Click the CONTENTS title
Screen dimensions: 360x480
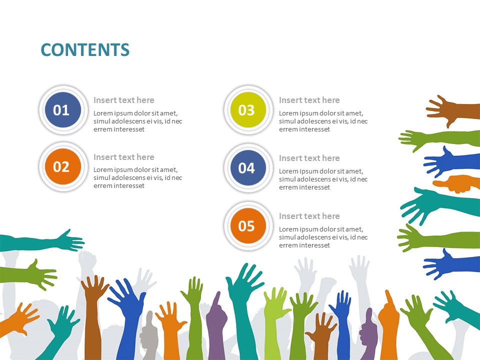point(85,50)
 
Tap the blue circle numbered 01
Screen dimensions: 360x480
point(61,110)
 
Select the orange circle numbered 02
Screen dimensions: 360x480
point(61,166)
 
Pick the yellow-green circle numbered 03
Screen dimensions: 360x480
point(246,110)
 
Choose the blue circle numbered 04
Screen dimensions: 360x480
point(246,168)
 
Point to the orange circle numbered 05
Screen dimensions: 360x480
point(246,226)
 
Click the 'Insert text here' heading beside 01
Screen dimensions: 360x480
point(124,100)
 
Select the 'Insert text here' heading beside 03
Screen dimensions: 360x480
point(309,100)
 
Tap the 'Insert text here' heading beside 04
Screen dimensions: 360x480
point(309,158)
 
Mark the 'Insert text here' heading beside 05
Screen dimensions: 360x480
point(309,216)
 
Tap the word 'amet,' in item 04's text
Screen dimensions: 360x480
point(354,171)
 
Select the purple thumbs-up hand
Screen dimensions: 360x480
point(368,332)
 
